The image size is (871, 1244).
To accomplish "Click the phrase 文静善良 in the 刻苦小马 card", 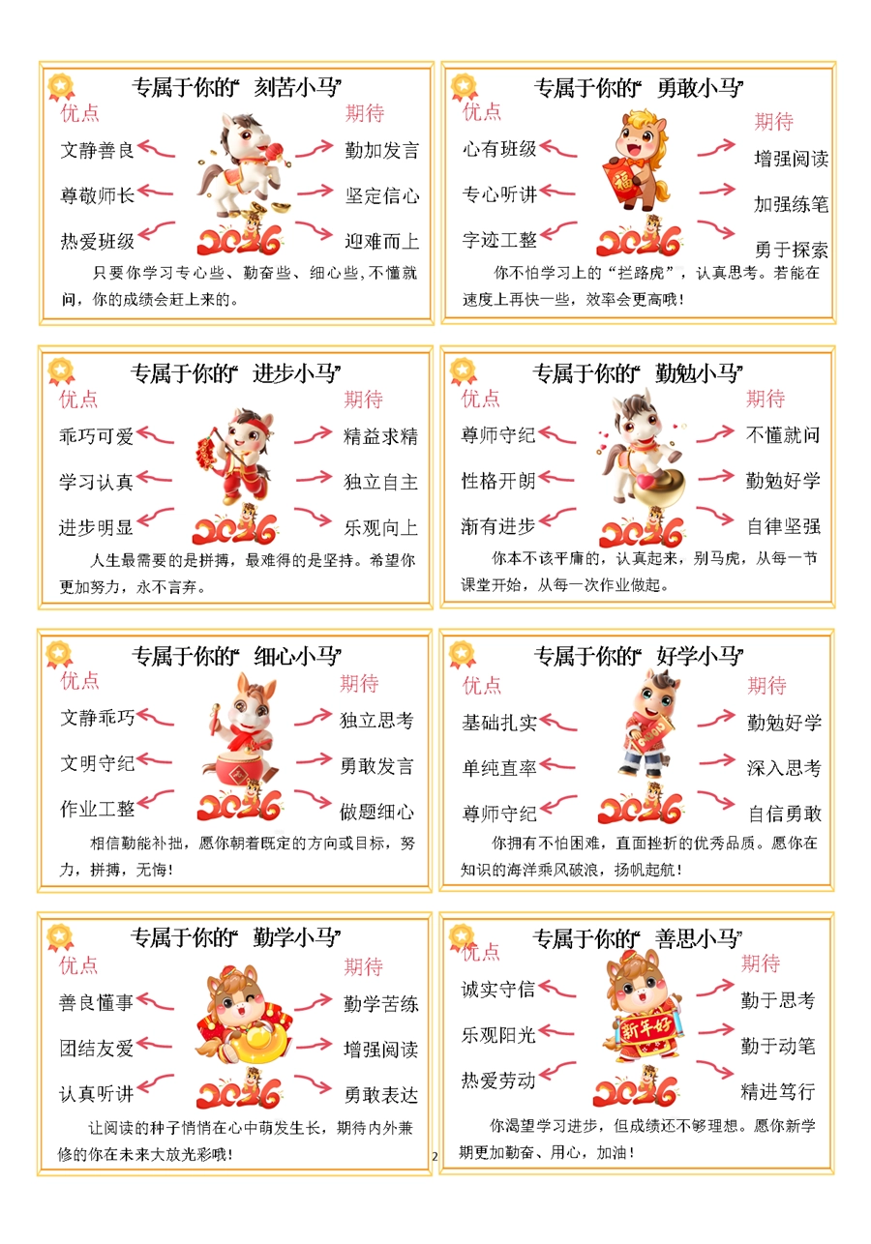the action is [x=97, y=150].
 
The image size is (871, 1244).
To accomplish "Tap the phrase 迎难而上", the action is [x=381, y=241].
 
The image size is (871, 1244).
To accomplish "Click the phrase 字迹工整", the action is [x=499, y=240].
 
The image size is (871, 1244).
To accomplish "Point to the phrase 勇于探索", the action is [x=791, y=250].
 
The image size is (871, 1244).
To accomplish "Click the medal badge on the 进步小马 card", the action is [x=61, y=370].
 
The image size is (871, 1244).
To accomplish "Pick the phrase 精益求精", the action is [x=380, y=436].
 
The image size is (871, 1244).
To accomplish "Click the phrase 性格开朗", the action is [x=498, y=481].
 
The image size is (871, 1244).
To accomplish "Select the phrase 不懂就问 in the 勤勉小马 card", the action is [x=783, y=435].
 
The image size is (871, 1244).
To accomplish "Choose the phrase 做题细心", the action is [x=376, y=812].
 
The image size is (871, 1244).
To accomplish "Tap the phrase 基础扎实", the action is [x=499, y=723].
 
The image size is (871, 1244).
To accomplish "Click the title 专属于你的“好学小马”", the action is [x=639, y=657].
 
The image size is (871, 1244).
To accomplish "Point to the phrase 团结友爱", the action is [x=96, y=1049].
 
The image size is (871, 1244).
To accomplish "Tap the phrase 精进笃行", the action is [x=778, y=1092].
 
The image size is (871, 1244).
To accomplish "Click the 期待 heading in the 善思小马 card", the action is [x=761, y=963].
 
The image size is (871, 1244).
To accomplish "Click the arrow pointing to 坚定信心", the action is [x=315, y=193].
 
